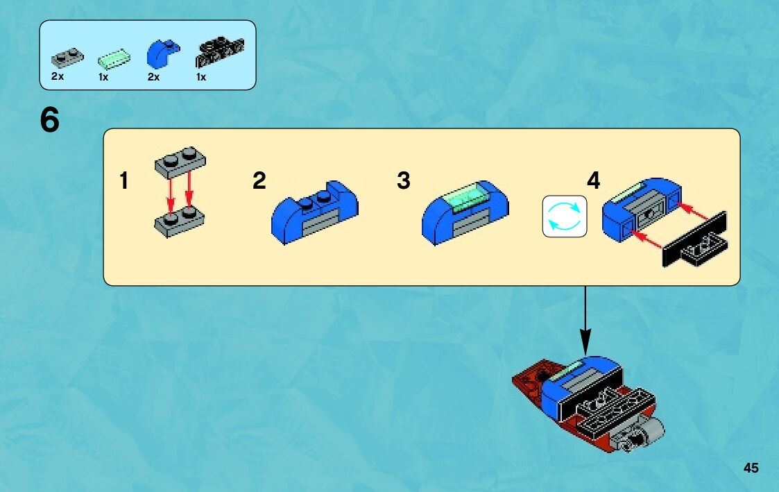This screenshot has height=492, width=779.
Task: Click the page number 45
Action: point(751,468)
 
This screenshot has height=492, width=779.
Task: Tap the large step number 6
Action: point(50,121)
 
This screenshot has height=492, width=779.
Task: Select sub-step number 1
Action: point(123,182)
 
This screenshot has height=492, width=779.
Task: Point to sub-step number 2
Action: point(259,181)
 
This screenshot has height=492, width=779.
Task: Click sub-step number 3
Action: point(404,181)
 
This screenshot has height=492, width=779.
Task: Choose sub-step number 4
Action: point(593,181)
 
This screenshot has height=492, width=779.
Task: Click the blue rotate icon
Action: point(564,216)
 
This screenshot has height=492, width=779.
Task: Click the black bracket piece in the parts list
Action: point(220,50)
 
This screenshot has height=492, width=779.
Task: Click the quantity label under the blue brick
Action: point(153,77)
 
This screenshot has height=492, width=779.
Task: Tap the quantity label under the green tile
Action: point(103,77)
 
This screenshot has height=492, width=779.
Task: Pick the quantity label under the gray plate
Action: point(57,77)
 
